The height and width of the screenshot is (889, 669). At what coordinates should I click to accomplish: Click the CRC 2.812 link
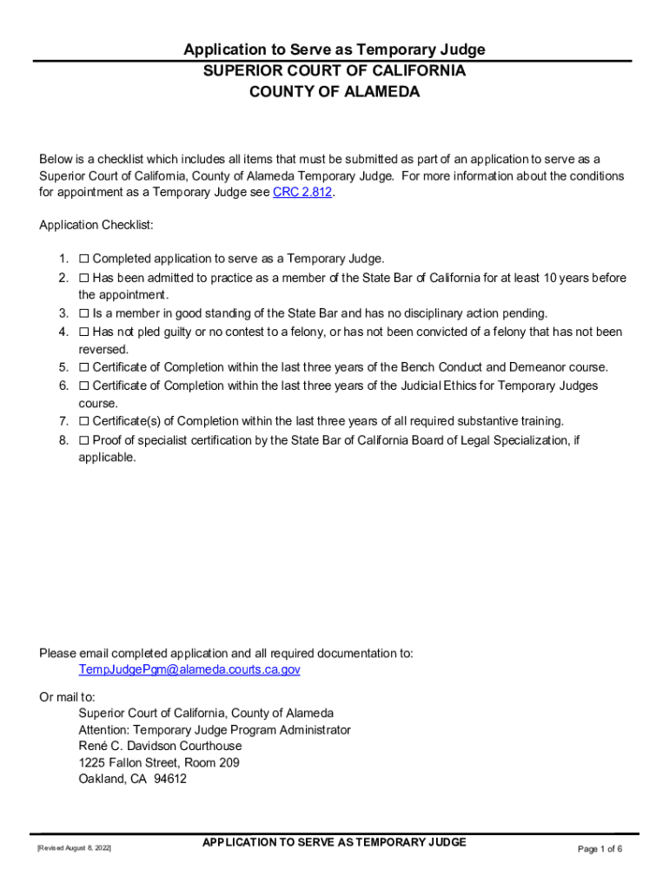coord(302,193)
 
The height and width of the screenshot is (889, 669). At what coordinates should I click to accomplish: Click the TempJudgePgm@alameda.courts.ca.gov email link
coord(189,669)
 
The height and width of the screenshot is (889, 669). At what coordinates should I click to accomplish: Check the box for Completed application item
coord(84,259)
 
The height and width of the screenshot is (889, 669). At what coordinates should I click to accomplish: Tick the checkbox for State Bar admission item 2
coord(84,278)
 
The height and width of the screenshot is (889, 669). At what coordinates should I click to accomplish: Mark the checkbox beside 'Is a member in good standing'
coord(84,313)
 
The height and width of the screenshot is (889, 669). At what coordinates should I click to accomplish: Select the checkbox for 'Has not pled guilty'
coord(84,332)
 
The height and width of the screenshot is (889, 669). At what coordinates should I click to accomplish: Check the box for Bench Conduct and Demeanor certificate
coord(84,367)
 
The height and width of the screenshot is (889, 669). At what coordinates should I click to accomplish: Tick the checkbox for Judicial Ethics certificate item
coord(84,385)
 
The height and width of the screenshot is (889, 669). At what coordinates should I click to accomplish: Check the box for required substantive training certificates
coord(84,422)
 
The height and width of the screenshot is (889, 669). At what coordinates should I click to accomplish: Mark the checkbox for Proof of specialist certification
coord(84,440)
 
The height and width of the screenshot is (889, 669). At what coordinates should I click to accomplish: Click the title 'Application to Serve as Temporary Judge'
coord(334,50)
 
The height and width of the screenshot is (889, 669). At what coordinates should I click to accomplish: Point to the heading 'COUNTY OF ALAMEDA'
coord(334,92)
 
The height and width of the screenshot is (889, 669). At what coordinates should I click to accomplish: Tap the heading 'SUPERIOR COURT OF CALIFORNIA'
coord(334,71)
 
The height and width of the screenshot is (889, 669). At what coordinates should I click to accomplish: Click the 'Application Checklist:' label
coord(96,226)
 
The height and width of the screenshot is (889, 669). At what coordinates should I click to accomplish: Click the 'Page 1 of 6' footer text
coord(599,849)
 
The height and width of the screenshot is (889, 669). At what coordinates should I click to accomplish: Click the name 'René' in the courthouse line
coord(93,746)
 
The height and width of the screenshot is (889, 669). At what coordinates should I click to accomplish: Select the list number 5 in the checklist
coord(63,367)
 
